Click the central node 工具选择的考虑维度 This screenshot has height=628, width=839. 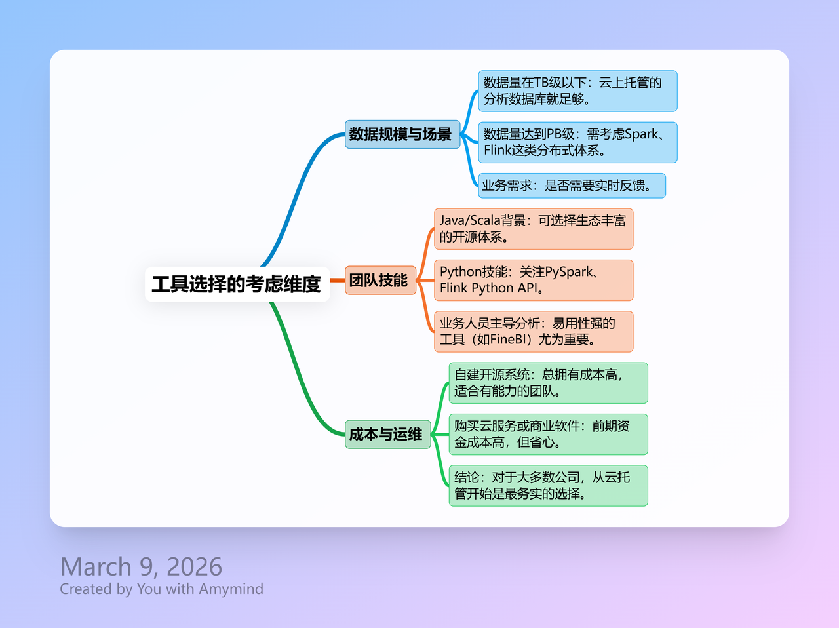coord(237,284)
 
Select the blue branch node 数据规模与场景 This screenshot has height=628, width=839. coord(402,134)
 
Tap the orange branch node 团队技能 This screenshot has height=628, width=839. coord(380,280)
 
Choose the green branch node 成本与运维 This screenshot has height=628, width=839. coord(387,434)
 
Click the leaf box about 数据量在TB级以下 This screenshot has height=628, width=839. coord(577,91)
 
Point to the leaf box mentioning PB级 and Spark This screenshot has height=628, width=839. coord(577,142)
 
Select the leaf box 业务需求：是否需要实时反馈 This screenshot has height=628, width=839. coord(572,186)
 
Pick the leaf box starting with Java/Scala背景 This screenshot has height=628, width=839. coord(534,229)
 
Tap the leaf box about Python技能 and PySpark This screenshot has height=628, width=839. coord(534,280)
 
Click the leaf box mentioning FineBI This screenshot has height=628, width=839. coord(534,332)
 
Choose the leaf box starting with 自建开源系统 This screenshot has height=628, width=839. coord(548,383)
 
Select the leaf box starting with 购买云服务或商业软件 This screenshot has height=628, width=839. coord(548,434)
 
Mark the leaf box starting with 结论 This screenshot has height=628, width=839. coord(548,486)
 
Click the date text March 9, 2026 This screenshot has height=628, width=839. coord(141,566)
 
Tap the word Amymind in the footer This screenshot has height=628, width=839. coord(231,589)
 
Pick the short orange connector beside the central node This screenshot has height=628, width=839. coord(338,280)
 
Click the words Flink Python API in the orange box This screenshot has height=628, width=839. coord(488,288)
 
